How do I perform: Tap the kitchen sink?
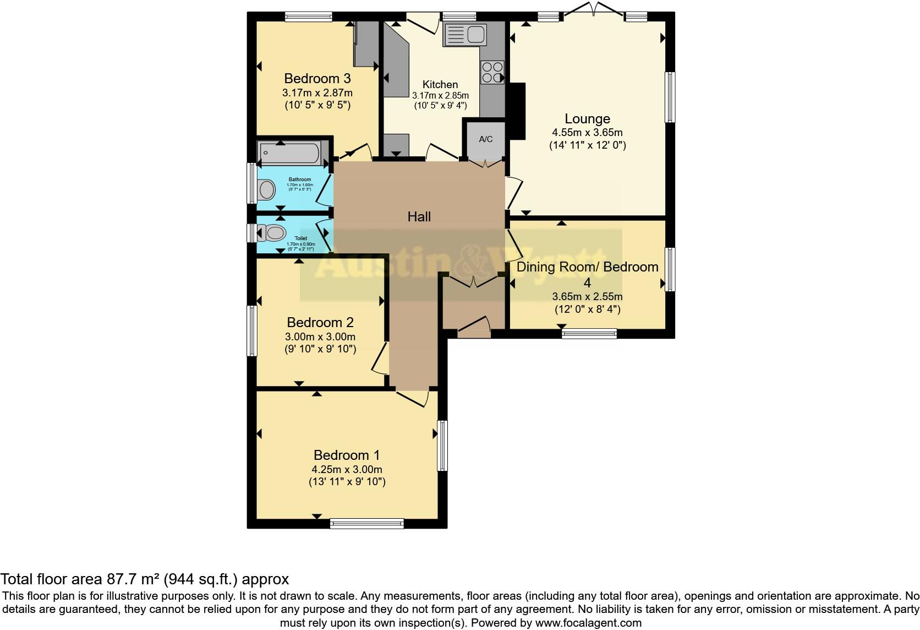466,35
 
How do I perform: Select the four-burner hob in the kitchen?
492,72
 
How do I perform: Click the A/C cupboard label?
485,139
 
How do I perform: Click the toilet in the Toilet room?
273,233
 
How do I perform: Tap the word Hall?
419,216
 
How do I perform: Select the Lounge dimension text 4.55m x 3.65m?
587,133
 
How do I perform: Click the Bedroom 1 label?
347,455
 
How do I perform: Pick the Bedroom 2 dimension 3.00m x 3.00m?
320,337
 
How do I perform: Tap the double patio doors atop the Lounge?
594,12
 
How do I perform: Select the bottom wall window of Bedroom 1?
366,523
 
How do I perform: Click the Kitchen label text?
440,84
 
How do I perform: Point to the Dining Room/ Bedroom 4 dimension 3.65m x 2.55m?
587,297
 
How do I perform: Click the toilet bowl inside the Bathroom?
267,191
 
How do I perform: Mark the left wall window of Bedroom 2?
252,330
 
